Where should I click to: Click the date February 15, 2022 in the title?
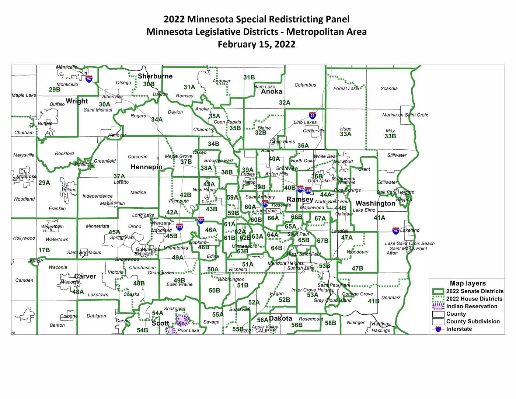click(x=256, y=44)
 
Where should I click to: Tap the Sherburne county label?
click(x=155, y=76)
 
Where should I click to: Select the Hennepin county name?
click(x=146, y=167)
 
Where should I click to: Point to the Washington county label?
click(x=375, y=204)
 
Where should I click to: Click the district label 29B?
click(x=55, y=90)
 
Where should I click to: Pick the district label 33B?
click(x=390, y=136)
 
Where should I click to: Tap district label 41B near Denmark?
click(x=373, y=301)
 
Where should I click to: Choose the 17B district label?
click(x=44, y=250)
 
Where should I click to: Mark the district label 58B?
click(x=330, y=323)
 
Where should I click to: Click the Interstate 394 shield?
click(x=201, y=221)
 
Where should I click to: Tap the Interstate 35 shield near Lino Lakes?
click(x=312, y=115)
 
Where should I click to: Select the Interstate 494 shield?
click(x=179, y=226)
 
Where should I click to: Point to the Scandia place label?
click(x=389, y=89)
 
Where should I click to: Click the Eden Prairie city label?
click(x=179, y=284)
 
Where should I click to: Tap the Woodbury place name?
click(x=358, y=252)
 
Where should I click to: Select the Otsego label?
click(x=123, y=83)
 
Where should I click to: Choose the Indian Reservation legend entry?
click(x=471, y=306)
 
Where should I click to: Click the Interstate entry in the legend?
click(x=459, y=329)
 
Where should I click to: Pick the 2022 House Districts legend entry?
click(x=474, y=299)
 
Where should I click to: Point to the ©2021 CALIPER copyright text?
click(x=258, y=331)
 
